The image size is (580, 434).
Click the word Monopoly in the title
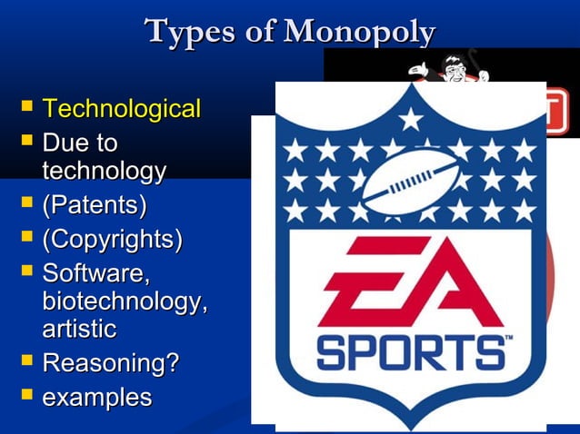359,32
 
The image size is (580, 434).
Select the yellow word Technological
121,110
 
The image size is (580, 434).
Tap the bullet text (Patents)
94,205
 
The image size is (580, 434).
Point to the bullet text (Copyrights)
112,240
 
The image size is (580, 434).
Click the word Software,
96,272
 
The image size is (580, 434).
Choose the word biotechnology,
124,301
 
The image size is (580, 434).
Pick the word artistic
79,328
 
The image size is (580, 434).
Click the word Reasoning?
111,363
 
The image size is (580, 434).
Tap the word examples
96,397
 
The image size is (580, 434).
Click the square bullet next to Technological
25,109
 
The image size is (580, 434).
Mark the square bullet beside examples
25,396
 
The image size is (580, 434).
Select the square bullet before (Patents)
25,204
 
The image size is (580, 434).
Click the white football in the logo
410,180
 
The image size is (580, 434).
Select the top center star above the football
412,119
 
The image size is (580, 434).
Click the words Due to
80,143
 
